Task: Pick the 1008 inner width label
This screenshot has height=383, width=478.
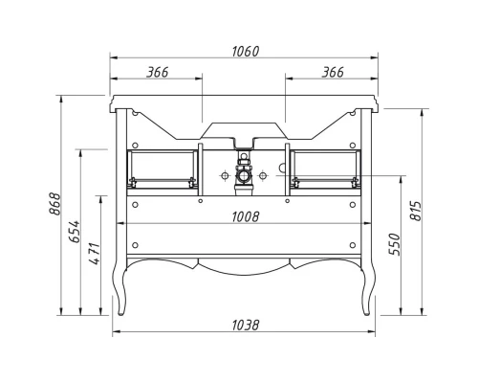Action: pyautogui.click(x=245, y=216)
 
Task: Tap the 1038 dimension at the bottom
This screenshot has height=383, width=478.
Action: pyautogui.click(x=245, y=325)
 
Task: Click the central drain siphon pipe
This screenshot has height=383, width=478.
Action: pyautogui.click(x=245, y=175)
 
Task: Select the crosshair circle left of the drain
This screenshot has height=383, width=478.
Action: pyautogui.click(x=225, y=176)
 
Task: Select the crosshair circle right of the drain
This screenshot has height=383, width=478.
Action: pyautogui.click(x=266, y=176)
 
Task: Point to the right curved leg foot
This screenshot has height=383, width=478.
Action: pyautogui.click(x=369, y=304)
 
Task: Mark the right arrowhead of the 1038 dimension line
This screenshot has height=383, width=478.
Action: pyautogui.click(x=371, y=332)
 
